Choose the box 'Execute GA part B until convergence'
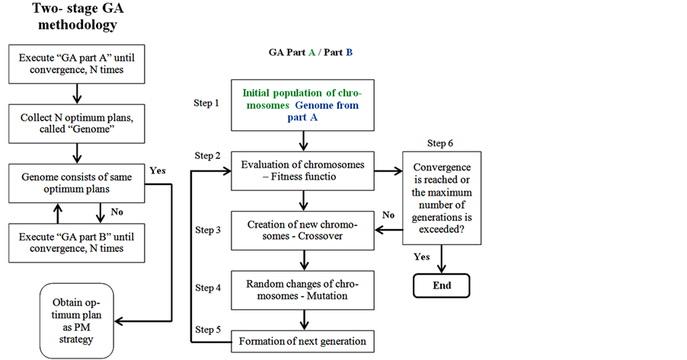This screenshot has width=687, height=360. [x=76, y=241]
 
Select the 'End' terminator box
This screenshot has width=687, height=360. [x=442, y=285]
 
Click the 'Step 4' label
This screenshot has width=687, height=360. [x=208, y=288]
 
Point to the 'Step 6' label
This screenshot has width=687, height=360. [x=440, y=143]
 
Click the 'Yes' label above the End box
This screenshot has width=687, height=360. [x=421, y=256]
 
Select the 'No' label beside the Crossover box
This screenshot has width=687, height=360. [x=388, y=215]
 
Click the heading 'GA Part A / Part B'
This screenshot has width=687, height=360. [x=310, y=53]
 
